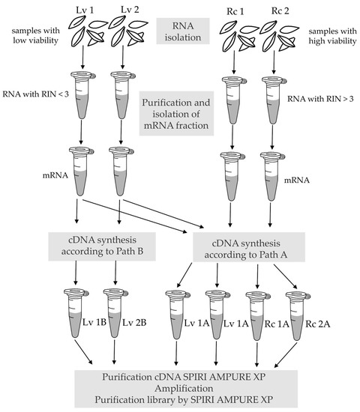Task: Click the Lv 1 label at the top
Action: coord(82,10)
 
